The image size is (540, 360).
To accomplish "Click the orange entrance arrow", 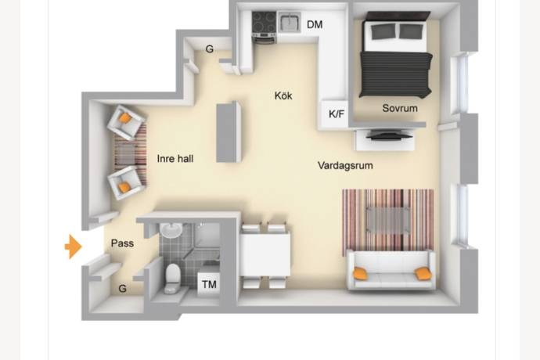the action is click(x=74, y=247).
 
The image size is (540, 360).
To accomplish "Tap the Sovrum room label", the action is click(x=400, y=108).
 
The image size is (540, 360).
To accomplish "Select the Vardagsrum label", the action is click(x=345, y=165).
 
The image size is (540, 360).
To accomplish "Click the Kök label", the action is click(x=283, y=95).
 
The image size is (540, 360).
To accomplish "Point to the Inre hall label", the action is click(x=175, y=158).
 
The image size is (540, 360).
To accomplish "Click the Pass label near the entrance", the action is click(x=122, y=243).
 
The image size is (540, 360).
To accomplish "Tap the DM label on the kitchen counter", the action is click(x=315, y=24).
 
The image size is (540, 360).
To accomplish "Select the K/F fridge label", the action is click(x=336, y=114).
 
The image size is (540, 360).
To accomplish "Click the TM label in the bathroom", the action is click(x=209, y=284).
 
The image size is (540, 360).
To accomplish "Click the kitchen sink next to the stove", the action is click(x=290, y=22).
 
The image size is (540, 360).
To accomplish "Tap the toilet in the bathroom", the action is click(x=172, y=279).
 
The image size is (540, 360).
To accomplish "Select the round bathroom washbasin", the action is click(x=171, y=230).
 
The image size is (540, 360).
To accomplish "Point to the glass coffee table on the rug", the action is click(x=387, y=221).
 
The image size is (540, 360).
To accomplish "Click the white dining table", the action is click(x=265, y=254).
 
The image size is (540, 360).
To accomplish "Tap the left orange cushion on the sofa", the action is click(x=361, y=273).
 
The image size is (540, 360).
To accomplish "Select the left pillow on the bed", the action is click(x=383, y=31).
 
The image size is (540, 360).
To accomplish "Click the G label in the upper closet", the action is click(x=210, y=49).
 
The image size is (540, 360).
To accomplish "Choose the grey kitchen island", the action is click(x=229, y=132).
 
